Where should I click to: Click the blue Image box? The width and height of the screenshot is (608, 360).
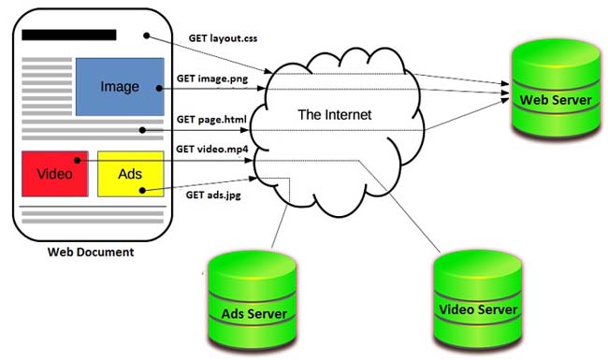pyautogui.click(x=120, y=86)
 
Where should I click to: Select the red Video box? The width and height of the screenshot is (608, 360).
pyautogui.click(x=55, y=174)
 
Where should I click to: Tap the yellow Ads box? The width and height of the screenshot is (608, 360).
pyautogui.click(x=131, y=174)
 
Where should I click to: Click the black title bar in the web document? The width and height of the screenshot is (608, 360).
pyautogui.click(x=69, y=35)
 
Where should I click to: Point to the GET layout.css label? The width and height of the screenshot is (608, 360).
pyautogui.click(x=223, y=38)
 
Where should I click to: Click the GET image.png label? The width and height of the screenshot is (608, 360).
pyautogui.click(x=212, y=79)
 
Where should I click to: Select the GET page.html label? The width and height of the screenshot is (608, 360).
pyautogui.click(x=211, y=120)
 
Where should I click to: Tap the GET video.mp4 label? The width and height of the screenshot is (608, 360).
pyautogui.click(x=212, y=150)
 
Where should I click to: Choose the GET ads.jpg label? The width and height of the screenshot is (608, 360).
pyautogui.click(x=213, y=194)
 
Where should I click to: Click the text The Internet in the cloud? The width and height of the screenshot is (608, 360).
pyautogui.click(x=335, y=115)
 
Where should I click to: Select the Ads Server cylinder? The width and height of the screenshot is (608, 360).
pyautogui.click(x=253, y=300)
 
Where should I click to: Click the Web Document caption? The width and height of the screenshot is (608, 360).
pyautogui.click(x=91, y=252)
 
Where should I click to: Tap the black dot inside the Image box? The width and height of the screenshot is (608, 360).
pyautogui.click(x=159, y=88)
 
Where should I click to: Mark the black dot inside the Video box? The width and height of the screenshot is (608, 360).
pyautogui.click(x=77, y=161)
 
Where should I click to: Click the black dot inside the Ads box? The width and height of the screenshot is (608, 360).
pyautogui.click(x=142, y=190)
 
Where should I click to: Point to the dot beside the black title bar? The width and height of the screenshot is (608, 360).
pyautogui.click(x=146, y=36)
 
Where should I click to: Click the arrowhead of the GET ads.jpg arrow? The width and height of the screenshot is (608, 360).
pyautogui.click(x=253, y=179)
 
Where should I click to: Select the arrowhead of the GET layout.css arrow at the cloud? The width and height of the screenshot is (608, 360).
pyautogui.click(x=268, y=71)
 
